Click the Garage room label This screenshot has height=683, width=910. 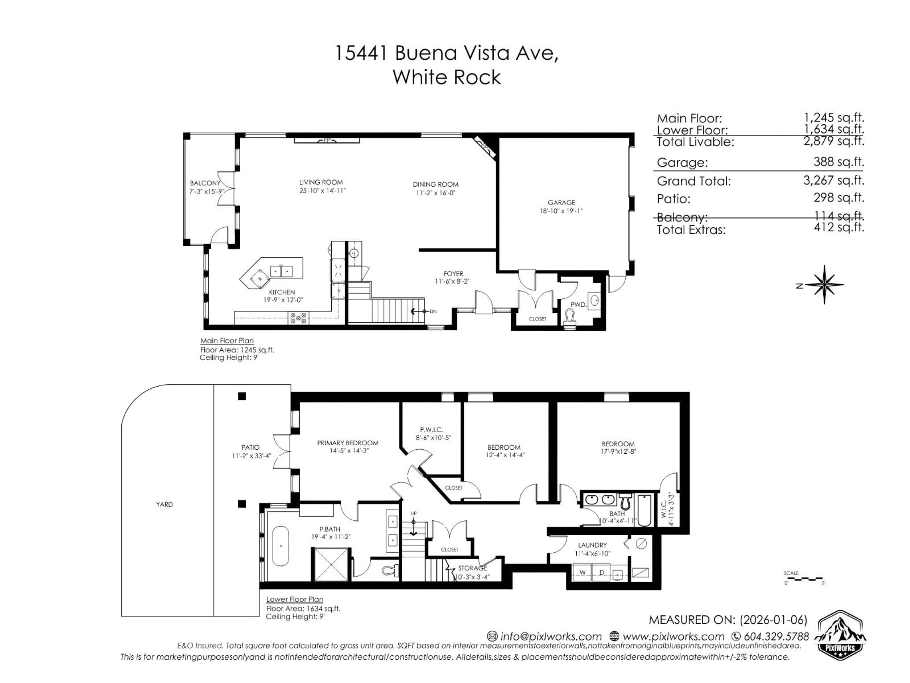pyautogui.click(x=561, y=203)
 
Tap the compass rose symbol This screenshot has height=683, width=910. pyautogui.click(x=824, y=285)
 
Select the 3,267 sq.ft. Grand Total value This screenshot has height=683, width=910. pyautogui.click(x=833, y=180)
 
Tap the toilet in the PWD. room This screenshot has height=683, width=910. pyautogui.click(x=570, y=318)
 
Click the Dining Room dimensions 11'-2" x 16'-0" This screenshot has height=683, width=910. pyautogui.click(x=436, y=193)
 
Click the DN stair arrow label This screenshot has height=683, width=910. pyautogui.click(x=433, y=311)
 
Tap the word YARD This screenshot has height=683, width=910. pyautogui.click(x=164, y=504)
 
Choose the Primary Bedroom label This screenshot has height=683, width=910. pyautogui.click(x=348, y=443)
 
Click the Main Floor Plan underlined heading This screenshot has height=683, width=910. pyautogui.click(x=227, y=341)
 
